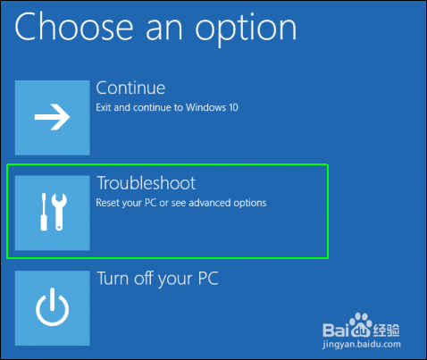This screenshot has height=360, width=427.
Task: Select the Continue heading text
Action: coord(130,88)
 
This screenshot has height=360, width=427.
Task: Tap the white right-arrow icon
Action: coord(52,118)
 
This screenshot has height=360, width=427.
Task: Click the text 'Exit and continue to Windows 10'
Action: coord(167,108)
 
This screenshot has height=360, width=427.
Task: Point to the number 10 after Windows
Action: coord(233,108)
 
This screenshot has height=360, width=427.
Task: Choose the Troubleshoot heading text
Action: coord(146,183)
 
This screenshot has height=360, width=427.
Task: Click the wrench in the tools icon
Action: coord(61,212)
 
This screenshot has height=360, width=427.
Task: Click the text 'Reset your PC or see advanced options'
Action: coord(180,203)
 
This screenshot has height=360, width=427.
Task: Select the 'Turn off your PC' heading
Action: coord(157,279)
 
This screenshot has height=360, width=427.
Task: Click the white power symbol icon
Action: coord(52,308)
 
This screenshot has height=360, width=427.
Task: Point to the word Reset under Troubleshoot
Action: coord(108,203)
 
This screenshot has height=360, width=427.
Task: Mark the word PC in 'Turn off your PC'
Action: coord(206,279)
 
